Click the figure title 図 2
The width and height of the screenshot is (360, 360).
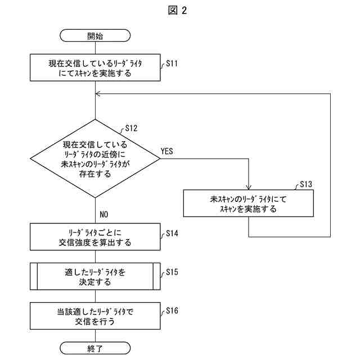click(178, 11)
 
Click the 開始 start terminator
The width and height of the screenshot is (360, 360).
click(95, 35)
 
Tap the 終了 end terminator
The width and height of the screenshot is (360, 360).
click(95, 348)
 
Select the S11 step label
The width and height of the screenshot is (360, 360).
click(172, 64)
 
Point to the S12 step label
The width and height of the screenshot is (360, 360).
click(131, 128)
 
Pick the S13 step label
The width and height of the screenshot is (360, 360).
click(306, 184)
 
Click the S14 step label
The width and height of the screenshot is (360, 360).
click(172, 233)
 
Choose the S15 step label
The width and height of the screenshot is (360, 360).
click(172, 272)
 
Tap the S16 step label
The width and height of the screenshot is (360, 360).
click(172, 310)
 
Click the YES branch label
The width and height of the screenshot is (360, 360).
click(166, 151)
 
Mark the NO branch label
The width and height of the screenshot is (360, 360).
click(103, 214)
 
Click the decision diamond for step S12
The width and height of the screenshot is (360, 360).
click(95, 159)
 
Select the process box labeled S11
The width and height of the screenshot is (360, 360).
click(95, 67)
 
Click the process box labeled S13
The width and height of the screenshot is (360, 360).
click(249, 204)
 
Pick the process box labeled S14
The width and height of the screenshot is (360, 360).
click(95, 237)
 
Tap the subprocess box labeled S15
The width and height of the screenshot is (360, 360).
click(95, 276)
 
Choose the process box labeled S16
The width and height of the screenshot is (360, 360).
click(95, 316)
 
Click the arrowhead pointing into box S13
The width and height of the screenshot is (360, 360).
click(249, 187)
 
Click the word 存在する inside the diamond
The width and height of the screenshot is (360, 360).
click(95, 174)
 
